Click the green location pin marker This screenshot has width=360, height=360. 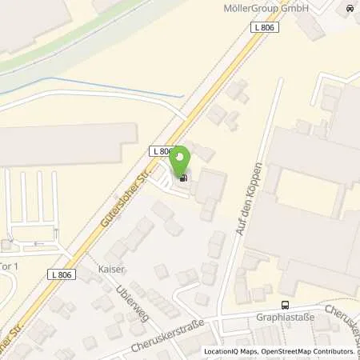tap(183, 159)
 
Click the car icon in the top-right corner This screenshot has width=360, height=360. tap(349, 10)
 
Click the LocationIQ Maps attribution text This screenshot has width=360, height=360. tap(231, 351)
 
